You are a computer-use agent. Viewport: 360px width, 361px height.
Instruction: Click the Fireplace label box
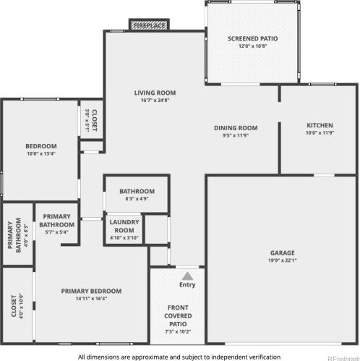[149, 26]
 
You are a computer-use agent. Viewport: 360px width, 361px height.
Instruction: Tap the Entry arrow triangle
[188, 276]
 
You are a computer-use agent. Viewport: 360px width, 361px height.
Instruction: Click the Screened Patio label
[252, 38]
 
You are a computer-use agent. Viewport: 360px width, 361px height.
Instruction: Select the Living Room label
[155, 93]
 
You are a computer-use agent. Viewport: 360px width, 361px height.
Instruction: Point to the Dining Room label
[236, 128]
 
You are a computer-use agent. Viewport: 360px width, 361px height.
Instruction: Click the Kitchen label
[318, 125]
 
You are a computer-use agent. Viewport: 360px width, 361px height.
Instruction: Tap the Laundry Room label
[124, 226]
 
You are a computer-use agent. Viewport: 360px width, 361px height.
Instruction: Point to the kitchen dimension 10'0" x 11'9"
[318, 133]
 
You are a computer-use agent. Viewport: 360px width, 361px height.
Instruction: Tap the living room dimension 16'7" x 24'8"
[155, 101]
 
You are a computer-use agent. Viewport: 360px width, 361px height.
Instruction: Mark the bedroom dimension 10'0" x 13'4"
[40, 153]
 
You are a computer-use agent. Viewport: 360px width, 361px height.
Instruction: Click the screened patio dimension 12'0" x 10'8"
[252, 46]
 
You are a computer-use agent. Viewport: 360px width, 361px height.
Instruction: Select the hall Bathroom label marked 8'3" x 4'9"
[137, 191]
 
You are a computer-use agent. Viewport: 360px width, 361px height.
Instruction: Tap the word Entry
[187, 284]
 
